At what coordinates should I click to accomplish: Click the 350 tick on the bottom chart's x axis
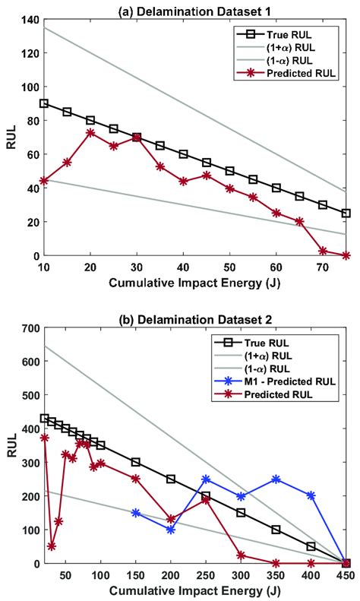click(x=276, y=574)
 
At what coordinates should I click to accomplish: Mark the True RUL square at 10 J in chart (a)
click(x=44, y=103)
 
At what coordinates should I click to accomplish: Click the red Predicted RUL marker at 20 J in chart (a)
click(x=90, y=132)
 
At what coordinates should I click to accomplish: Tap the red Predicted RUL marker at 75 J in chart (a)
click(x=346, y=255)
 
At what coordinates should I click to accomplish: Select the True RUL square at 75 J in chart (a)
click(x=346, y=214)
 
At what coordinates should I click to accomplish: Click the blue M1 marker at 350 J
click(x=276, y=479)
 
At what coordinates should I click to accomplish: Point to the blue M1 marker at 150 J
click(x=136, y=513)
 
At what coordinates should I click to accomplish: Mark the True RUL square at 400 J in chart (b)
click(x=311, y=546)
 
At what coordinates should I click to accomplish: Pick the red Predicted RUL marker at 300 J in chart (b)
click(x=241, y=555)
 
